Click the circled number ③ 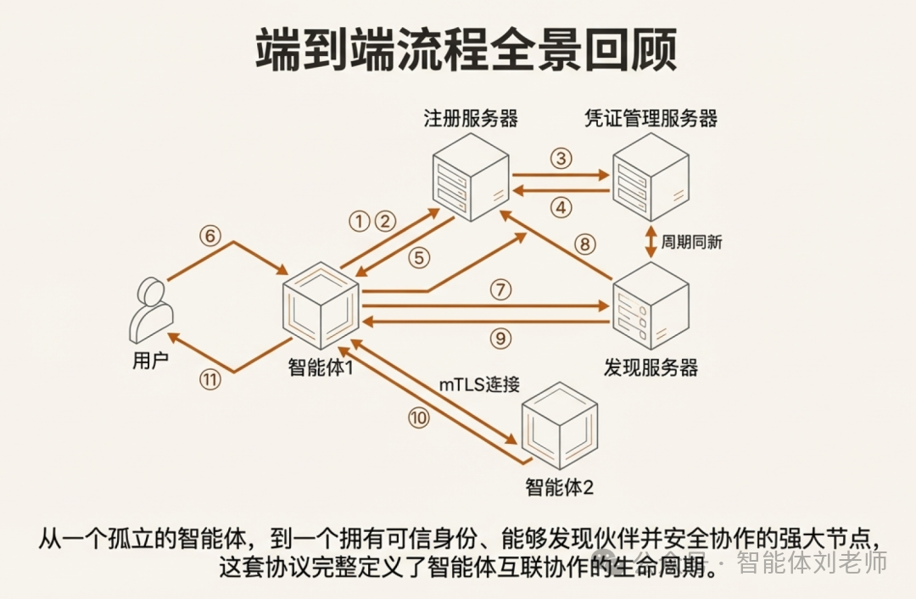pyautogui.click(x=561, y=159)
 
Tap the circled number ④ pyautogui.click(x=561, y=206)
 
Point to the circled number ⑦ pyautogui.click(x=501, y=289)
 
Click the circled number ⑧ pyautogui.click(x=585, y=244)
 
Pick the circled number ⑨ pyautogui.click(x=501, y=339)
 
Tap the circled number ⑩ pyautogui.click(x=418, y=417)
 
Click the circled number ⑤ pyautogui.click(x=419, y=259)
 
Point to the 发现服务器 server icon pyautogui.click(x=651, y=305)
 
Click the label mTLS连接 pyautogui.click(x=479, y=384)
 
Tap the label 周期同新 pyautogui.click(x=692, y=242)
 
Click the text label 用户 pyautogui.click(x=151, y=361)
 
